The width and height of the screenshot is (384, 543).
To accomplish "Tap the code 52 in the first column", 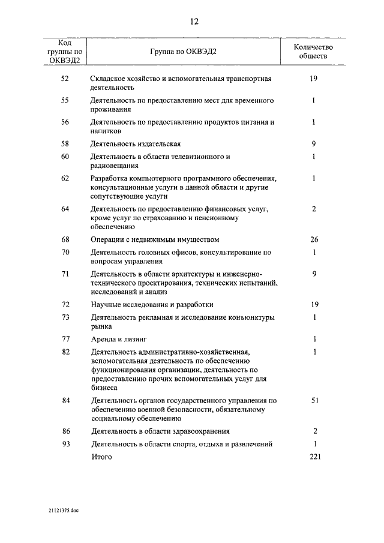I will tap(65, 79).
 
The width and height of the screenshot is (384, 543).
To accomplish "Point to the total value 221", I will tap(314, 457).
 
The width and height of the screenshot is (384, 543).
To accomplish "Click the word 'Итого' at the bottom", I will tap(101, 457).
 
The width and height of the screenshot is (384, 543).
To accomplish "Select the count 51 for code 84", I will tap(314, 400).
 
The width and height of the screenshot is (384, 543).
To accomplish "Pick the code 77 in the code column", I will tap(65, 339).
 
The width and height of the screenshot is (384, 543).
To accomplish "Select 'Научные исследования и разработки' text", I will tap(152, 305).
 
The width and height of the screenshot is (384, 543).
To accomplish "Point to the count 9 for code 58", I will tap(314, 144).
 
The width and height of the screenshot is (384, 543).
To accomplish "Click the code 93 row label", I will tap(65, 445).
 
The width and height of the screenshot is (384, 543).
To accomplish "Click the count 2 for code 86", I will tap(314, 431).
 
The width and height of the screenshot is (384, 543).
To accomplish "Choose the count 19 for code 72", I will tap(314, 305).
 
